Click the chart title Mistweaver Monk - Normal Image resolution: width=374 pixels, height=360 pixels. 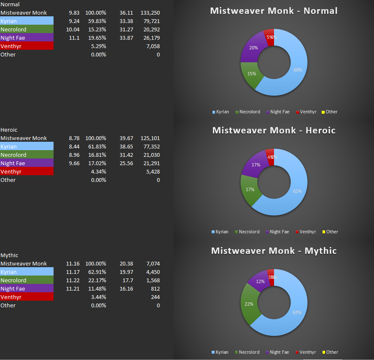coord(274,10)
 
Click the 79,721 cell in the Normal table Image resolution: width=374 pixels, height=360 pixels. coord(149,21)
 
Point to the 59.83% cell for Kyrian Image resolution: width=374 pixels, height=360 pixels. coord(98,21)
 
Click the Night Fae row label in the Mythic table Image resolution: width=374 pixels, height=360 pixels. coord(13,289)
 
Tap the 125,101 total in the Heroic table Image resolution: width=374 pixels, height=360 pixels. coord(149,138)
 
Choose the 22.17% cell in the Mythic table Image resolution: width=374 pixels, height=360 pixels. coord(98,280)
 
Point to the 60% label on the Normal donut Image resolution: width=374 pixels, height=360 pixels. coord(297,70)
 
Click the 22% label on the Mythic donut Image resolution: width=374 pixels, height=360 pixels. coord(249,304)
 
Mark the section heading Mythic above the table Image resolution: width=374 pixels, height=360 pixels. coord(9,255)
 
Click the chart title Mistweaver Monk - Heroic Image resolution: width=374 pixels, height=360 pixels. coord(274,130)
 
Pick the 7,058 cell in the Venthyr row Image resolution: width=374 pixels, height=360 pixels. coord(151,46)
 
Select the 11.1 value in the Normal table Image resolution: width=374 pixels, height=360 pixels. coord(75,38)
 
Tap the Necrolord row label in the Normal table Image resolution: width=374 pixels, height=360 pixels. coord(13,29)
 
